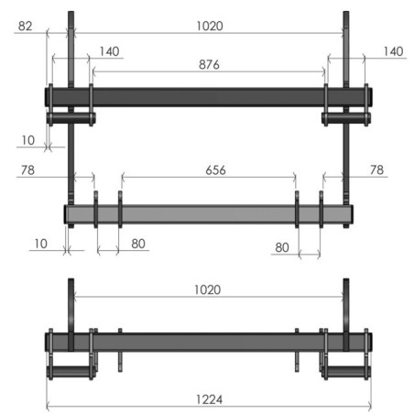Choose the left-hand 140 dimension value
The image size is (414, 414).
[110, 52]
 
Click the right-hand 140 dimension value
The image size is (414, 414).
[392, 52]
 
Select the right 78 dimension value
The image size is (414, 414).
[376, 169]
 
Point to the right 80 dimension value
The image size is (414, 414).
[283, 247]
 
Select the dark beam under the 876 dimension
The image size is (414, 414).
[208, 96]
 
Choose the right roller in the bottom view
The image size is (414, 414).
[346, 376]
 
